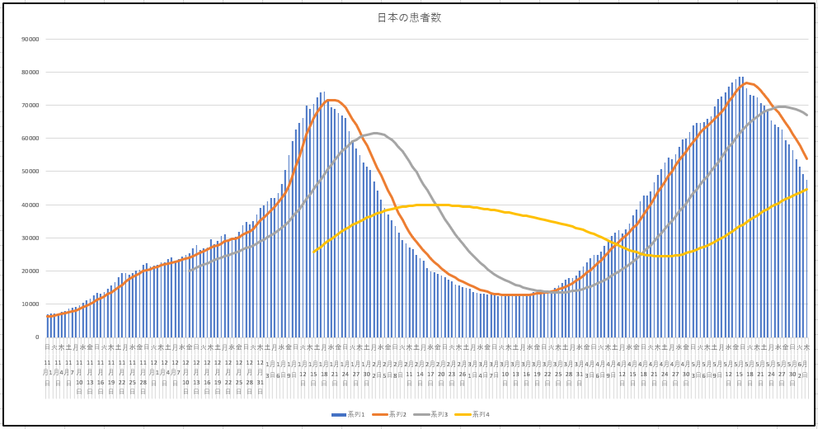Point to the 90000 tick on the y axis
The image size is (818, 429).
pos(31,39)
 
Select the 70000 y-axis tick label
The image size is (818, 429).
pos(31,106)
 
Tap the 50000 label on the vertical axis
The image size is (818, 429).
pos(31,172)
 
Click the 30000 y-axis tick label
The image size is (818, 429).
pos(31,238)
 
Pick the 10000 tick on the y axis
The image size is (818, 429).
pos(31,304)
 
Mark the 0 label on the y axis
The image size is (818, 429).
pos(37,337)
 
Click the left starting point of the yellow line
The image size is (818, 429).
pos(313,252)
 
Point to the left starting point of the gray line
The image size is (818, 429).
pos(189,270)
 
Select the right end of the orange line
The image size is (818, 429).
pos(806,158)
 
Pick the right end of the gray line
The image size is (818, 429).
pos(806,115)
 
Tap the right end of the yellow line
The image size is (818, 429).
pos(806,189)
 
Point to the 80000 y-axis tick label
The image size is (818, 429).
pos(31,73)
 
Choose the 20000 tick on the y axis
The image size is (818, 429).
pos(31,271)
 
